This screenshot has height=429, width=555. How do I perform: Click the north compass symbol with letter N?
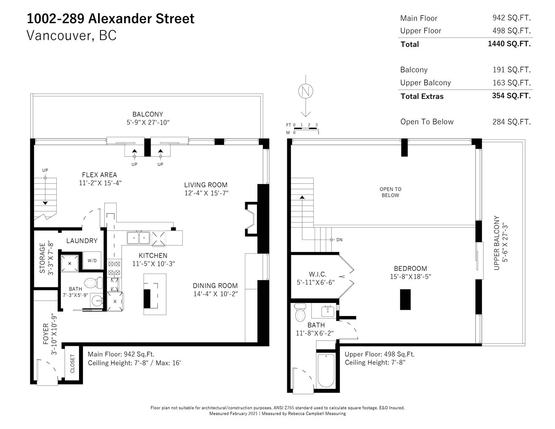(x=306, y=91)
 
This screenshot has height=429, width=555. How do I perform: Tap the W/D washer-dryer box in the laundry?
(x=92, y=261)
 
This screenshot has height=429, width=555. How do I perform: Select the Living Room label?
(x=206, y=185)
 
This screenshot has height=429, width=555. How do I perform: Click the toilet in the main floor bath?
(x=93, y=283)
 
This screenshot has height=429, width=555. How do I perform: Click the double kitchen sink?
(x=139, y=238)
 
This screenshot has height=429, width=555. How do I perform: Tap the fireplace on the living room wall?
(x=251, y=219)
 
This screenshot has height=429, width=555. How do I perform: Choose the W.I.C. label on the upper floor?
(x=317, y=274)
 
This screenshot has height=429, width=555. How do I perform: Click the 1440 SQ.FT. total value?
(x=509, y=44)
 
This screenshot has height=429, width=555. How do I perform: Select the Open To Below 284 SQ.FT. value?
(x=512, y=122)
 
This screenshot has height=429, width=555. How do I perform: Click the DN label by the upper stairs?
(x=340, y=240)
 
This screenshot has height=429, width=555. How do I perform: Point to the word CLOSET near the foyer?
(x=72, y=363)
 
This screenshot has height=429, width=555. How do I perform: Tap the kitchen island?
(x=155, y=294)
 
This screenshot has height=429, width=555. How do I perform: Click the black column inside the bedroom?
(x=405, y=299)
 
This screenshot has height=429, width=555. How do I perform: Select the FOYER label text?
(x=46, y=334)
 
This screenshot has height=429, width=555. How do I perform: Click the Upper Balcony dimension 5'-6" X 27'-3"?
(x=505, y=243)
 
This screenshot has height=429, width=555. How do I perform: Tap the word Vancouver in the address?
(x=59, y=35)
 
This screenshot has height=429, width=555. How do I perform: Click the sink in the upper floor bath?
(x=327, y=311)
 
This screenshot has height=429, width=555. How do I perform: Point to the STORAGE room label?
(x=42, y=258)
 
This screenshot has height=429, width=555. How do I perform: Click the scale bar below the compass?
(x=306, y=129)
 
